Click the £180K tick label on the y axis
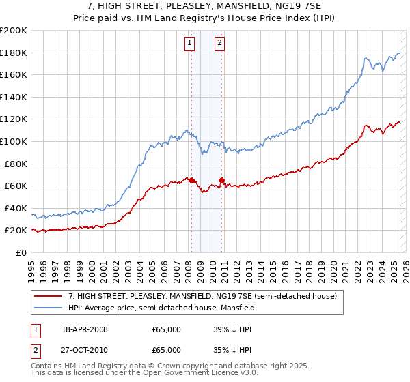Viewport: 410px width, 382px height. [14, 53]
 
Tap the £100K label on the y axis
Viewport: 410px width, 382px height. [14, 141]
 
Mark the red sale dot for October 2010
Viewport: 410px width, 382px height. [222, 180]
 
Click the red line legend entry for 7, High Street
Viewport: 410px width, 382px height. [202, 296]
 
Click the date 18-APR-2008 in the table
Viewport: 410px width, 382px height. [85, 329]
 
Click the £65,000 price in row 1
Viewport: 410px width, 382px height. [166, 329]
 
